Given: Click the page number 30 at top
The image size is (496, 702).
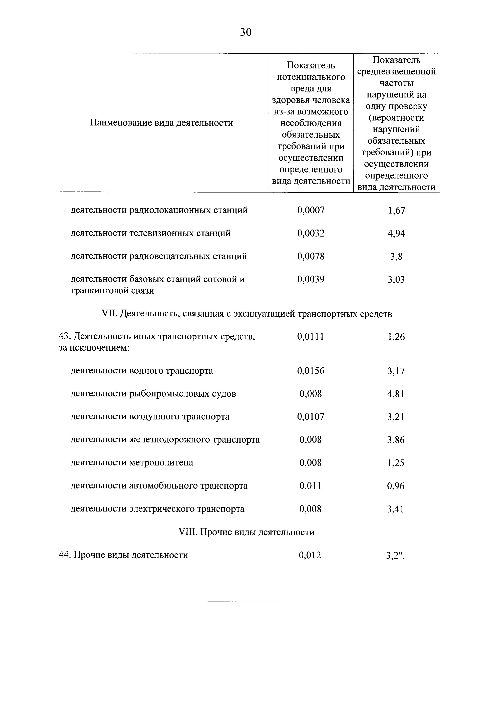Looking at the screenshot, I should point(246,32).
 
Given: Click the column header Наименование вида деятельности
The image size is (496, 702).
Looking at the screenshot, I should point(162,123).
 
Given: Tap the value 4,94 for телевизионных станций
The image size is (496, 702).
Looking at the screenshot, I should point(396,234).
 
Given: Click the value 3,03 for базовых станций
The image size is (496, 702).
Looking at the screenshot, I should point(396,279).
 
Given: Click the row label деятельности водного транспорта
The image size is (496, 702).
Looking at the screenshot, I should point(142,371).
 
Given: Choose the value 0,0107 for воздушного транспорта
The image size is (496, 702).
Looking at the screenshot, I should point(311,417).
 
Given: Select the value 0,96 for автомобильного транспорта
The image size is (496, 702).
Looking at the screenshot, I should point(395,486).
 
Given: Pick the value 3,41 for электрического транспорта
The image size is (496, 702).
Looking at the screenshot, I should point(395,509).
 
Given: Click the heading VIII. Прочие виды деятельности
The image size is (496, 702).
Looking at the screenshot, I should point(246,532).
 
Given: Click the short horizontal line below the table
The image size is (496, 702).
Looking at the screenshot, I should point(245,602).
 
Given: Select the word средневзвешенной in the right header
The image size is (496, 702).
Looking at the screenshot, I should point(396,72).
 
